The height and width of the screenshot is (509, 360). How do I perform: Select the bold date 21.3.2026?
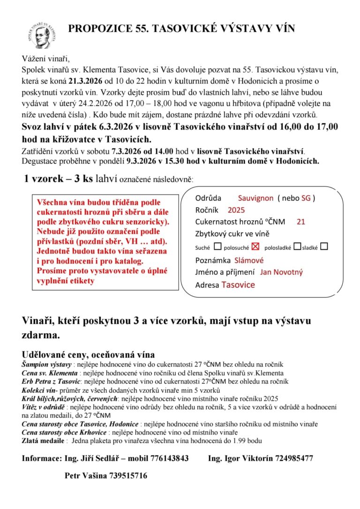coord(87,82)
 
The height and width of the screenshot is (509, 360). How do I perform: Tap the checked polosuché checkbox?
coord(255,246)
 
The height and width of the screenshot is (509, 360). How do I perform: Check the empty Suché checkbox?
coord(217,246)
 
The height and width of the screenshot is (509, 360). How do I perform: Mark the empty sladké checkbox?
coord(324,246)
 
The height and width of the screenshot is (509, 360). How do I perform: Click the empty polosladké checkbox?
coord(297,246)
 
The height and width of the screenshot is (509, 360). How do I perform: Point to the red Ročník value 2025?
coord(236,210)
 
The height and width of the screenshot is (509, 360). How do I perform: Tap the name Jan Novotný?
coord(282,272)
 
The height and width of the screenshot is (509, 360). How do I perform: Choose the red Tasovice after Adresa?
coord(238,285)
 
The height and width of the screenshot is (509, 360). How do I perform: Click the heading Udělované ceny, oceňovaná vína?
coord(88,354)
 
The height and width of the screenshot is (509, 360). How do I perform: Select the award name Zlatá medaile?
coord(43,441)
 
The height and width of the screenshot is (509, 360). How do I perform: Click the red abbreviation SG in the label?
coord(306,198)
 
